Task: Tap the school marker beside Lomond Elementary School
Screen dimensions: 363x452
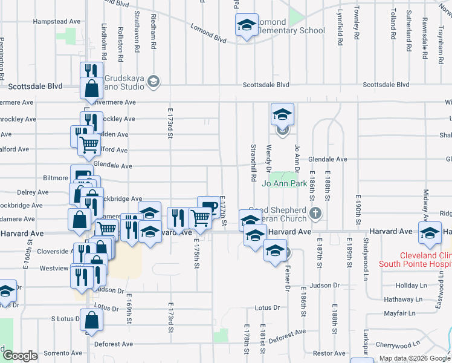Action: pos(246,25)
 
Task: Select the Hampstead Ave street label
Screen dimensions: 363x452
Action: pos(57,21)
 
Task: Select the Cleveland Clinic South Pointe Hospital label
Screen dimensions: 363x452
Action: pos(415,260)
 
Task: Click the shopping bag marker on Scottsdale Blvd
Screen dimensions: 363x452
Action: pos(90,90)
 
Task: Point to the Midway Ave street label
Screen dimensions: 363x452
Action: pos(425,204)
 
